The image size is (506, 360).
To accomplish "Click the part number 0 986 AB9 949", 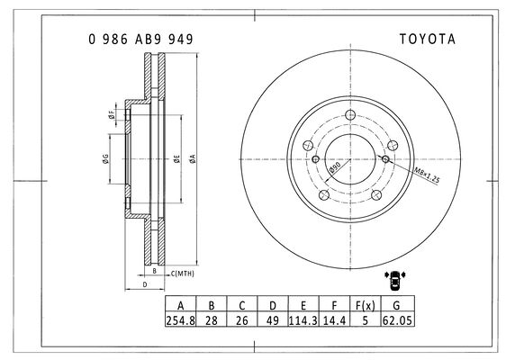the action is coord(140,40).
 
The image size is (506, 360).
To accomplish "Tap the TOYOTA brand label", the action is coord(428,40).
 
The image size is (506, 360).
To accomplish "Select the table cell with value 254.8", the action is coord(181,320).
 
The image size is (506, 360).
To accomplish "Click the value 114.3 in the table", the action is coord(303,320).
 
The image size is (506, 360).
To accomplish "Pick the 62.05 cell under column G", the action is coord(397,320).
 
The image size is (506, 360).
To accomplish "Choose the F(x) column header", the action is coord(366,305).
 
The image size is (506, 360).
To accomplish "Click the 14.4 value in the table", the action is coord(334,320).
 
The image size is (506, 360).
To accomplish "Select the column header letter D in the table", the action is coord(273,305).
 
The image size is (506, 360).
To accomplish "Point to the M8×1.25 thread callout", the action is coord(427,175).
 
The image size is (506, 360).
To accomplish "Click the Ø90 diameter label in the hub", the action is coord(334,167).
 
